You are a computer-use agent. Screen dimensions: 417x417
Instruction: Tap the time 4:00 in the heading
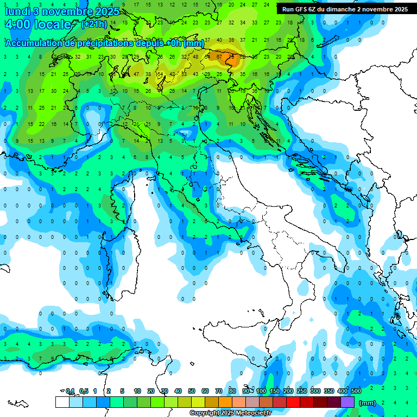pyautogui.click(x=16, y=24)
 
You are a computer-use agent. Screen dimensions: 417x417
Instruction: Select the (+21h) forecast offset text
pyautogui.click(x=94, y=24)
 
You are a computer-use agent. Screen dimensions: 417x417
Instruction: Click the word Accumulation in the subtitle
pyautogui.click(x=34, y=43)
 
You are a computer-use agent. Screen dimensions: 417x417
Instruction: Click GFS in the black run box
pyautogui.click(x=302, y=9)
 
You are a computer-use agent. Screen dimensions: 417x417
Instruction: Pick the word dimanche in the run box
pyautogui.click(x=339, y=9)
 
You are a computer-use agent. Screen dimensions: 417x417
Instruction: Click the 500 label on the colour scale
pyautogui.click(x=356, y=391)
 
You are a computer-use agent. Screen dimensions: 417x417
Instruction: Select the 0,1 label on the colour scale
pyautogui.click(x=70, y=391)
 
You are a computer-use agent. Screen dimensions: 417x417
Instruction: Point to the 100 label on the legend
pyautogui.click(x=261, y=391)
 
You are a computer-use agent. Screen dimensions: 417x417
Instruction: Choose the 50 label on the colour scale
pyautogui.click(x=192, y=391)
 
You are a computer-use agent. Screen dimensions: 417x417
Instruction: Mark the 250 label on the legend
pyautogui.click(x=302, y=391)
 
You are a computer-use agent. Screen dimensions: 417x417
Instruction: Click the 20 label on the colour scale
pyautogui.click(x=151, y=391)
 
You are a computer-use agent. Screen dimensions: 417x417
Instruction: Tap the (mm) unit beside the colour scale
pyautogui.click(x=368, y=403)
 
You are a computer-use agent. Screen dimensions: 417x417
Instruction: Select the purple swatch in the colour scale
pyautogui.click(x=347, y=402)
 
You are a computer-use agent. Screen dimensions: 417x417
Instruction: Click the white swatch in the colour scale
pyautogui.click(x=62, y=402)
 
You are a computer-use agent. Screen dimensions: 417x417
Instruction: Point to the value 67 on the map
pyautogui.click(x=219, y=56)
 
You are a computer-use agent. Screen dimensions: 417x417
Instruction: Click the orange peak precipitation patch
pyautogui.click(x=235, y=57)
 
